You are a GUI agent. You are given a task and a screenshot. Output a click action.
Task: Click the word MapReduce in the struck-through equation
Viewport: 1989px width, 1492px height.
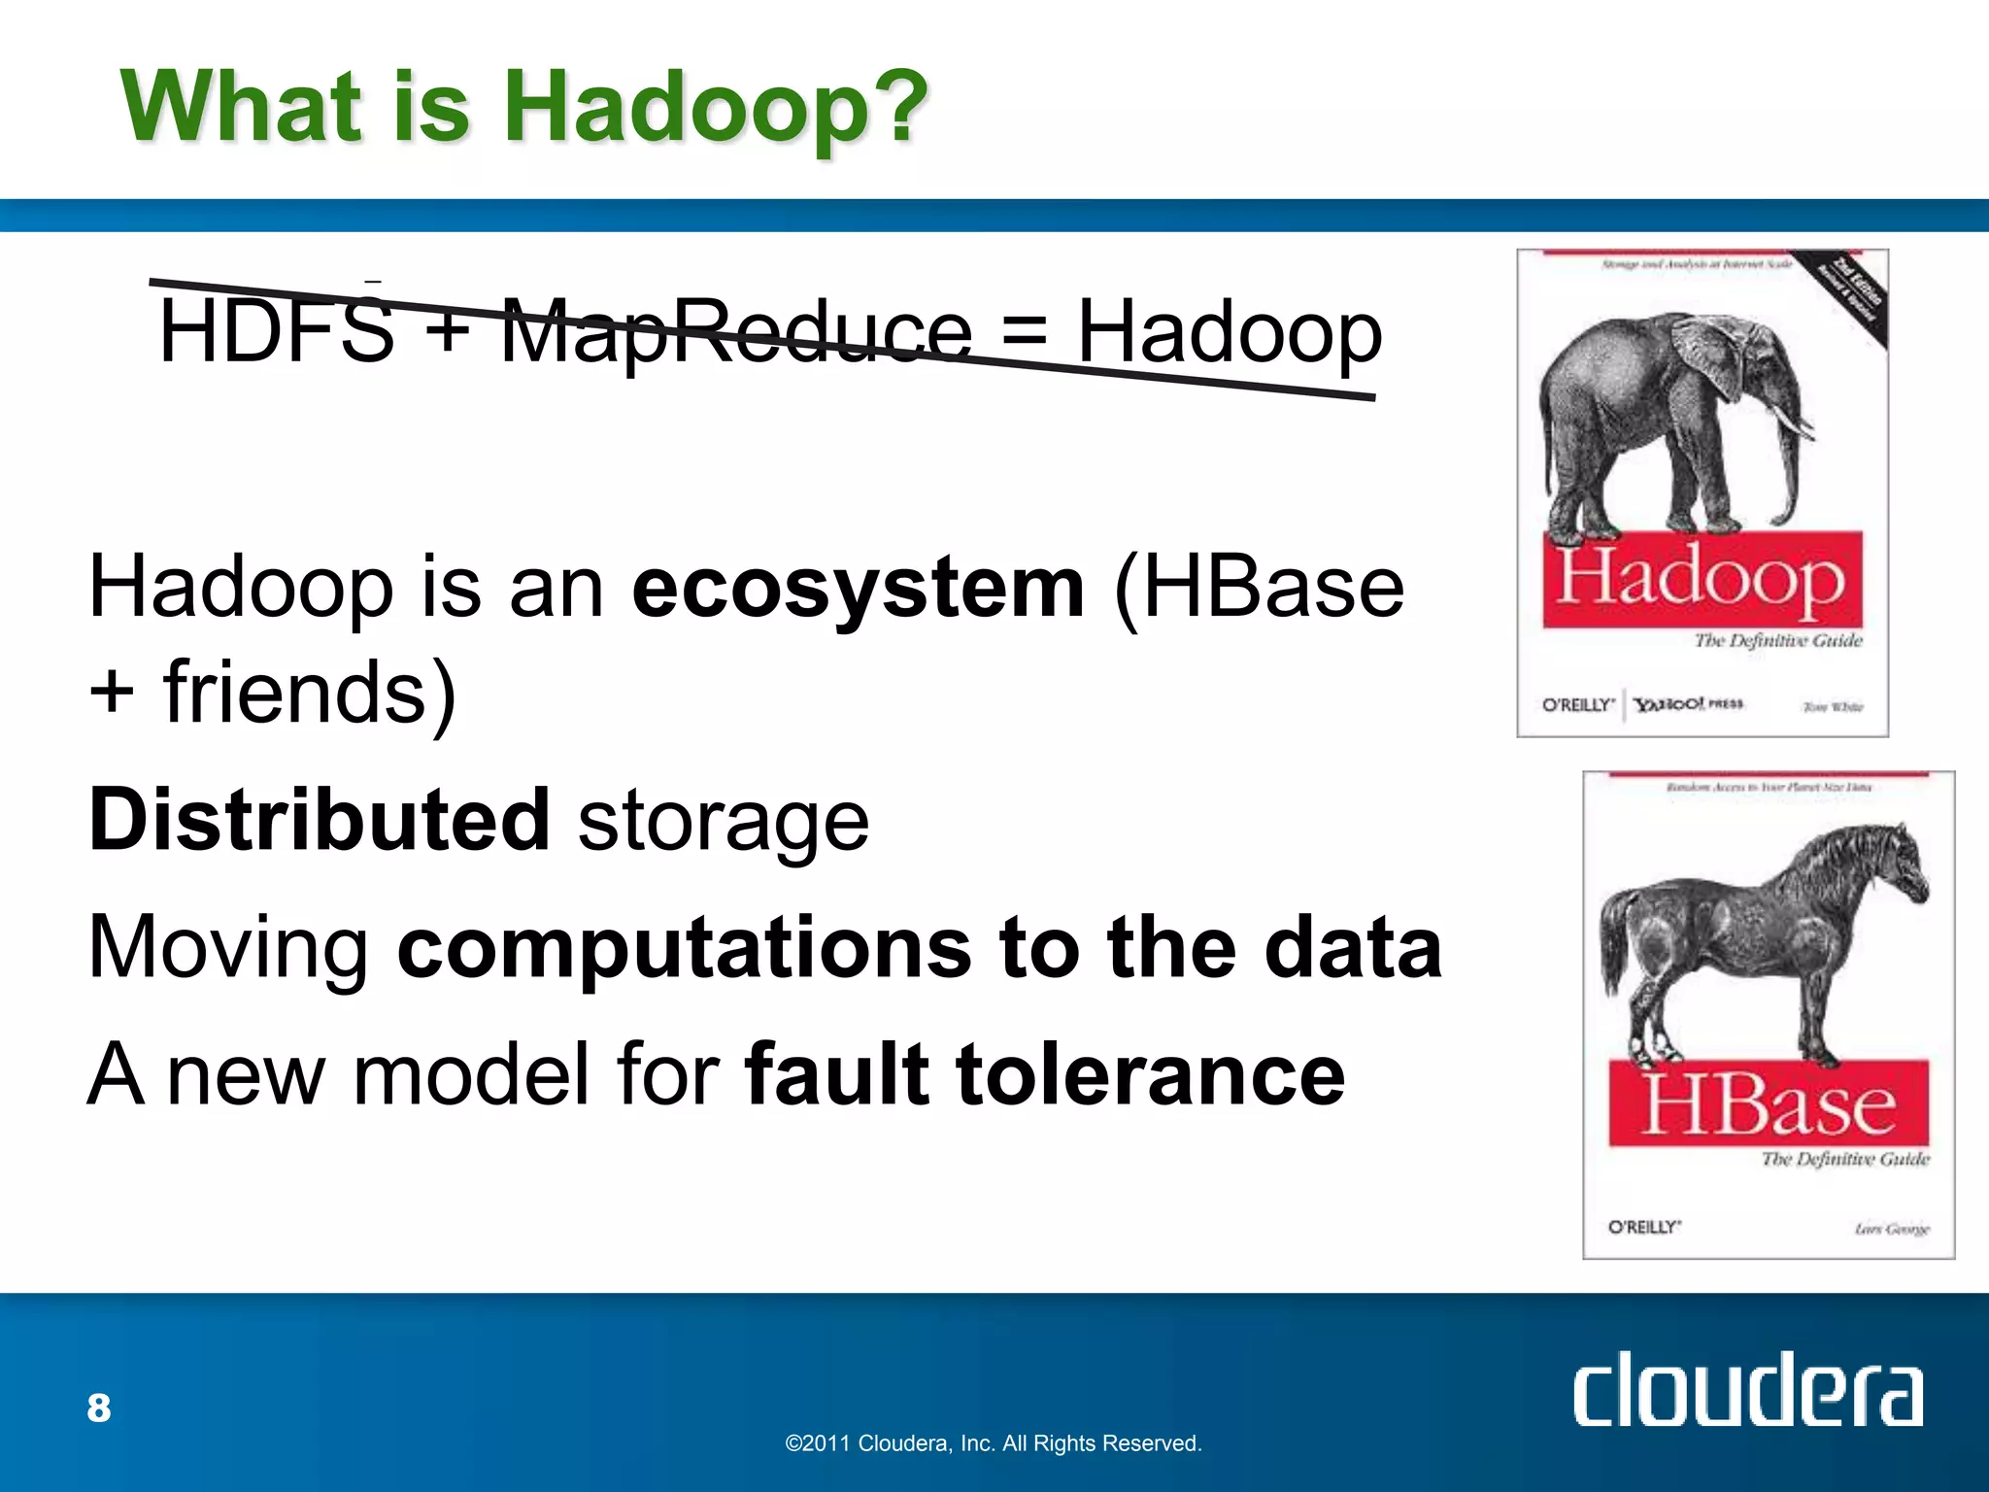pyautogui.click(x=735, y=332)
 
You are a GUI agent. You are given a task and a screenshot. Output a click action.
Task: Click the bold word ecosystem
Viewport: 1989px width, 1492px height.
pyautogui.click(x=858, y=589)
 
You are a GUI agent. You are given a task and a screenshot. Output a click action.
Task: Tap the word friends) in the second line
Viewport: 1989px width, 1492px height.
pyautogui.click(x=309, y=692)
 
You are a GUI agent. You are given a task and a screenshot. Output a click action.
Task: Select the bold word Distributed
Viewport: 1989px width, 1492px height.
pyautogui.click(x=320, y=820)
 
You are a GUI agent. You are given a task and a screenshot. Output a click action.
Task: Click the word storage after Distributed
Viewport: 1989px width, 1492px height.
pyautogui.click(x=724, y=822)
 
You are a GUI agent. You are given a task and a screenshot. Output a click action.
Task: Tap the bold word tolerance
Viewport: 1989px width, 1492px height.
pyautogui.click(x=1151, y=1074)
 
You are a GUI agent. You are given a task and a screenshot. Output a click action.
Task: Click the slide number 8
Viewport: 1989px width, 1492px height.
pyautogui.click(x=99, y=1408)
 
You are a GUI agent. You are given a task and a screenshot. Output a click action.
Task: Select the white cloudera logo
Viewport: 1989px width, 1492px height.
pyautogui.click(x=1746, y=1391)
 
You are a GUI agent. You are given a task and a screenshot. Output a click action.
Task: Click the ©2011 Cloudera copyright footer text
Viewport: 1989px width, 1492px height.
pyautogui.click(x=993, y=1443)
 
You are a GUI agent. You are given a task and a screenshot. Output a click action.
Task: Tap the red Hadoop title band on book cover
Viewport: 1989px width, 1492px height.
pyautogui.click(x=1702, y=579)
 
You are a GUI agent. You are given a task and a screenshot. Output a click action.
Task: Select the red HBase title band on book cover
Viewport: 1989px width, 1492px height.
pyautogui.click(x=1768, y=1103)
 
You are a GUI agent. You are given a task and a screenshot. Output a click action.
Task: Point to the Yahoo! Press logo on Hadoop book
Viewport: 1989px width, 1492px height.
pyautogui.click(x=1688, y=704)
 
